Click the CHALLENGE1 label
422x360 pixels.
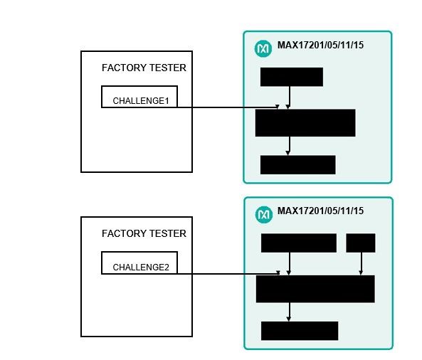[x=141, y=101]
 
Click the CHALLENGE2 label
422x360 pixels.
[x=141, y=268]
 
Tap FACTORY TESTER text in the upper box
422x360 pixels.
[x=144, y=68]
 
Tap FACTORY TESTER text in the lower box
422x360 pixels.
[x=144, y=233]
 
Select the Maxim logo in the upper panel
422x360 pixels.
[x=263, y=48]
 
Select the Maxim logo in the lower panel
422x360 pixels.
[x=264, y=215]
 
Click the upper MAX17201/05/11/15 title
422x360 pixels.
[x=320, y=45]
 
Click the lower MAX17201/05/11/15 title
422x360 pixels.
[x=320, y=211]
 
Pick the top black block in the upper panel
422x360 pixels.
[x=292, y=77]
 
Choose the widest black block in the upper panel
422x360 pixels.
[x=305, y=122]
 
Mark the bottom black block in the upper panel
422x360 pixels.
[x=297, y=164]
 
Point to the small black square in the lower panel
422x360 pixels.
[x=360, y=243]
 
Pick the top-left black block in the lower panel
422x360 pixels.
[x=298, y=243]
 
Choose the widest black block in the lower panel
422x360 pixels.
[x=315, y=289]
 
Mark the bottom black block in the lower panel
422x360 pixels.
[x=300, y=331]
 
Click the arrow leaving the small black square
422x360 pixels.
[x=361, y=264]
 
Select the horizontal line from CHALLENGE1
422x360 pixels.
[x=228, y=107]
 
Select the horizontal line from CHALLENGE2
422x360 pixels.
[x=228, y=274]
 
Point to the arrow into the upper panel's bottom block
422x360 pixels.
[x=288, y=146]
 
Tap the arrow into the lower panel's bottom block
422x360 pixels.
[x=289, y=312]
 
